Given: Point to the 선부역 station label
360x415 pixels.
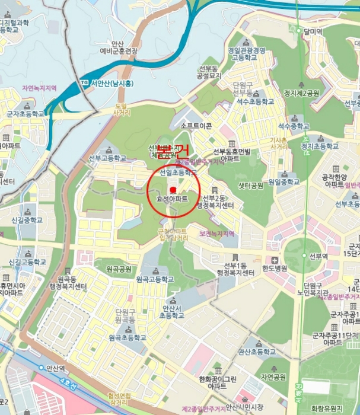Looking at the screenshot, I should point(318,257).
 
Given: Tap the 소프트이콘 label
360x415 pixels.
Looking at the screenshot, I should point(196,126).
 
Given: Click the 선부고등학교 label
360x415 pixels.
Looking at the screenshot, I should point(107,158).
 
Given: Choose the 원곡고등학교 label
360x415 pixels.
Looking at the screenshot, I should point(154,278).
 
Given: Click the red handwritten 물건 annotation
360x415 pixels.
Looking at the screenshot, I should point(172,150).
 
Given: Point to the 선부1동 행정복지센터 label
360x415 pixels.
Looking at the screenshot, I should point(235,268).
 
